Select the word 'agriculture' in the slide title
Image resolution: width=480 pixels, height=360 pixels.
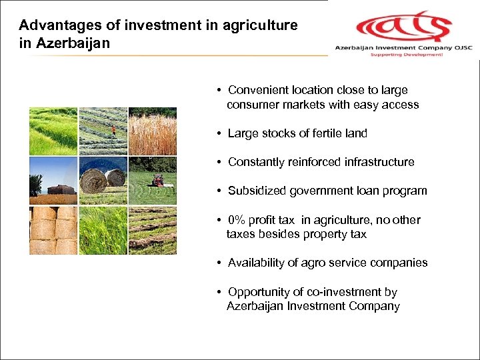261,25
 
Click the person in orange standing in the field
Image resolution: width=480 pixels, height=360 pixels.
114,131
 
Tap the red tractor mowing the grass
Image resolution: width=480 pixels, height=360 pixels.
157,180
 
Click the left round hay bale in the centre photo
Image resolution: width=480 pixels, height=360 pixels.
93,180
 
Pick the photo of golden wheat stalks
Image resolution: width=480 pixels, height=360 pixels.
152,131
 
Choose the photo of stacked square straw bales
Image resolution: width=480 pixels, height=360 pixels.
53,230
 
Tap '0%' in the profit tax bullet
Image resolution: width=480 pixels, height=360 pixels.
237,220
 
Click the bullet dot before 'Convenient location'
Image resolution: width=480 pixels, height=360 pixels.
219,91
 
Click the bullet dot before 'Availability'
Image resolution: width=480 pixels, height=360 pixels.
219,263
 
